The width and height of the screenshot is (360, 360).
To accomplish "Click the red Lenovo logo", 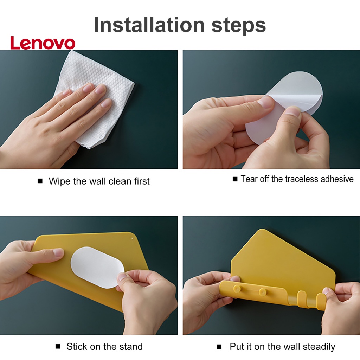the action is tap(43, 43).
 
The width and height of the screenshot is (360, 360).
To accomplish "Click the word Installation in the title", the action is tap(149, 25).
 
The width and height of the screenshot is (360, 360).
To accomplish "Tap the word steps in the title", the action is tap(239, 26).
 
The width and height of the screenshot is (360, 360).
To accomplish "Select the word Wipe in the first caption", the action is tap(59, 181).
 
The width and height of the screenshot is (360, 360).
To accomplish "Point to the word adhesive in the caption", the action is tap(337, 179).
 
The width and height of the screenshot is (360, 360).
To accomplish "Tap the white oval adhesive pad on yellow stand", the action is tap(97, 268).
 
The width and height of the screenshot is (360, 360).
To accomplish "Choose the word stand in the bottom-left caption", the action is tap(133, 346).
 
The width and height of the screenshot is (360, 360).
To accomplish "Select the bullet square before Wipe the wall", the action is tap(40, 181).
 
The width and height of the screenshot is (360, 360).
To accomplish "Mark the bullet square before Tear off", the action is tap(235, 179).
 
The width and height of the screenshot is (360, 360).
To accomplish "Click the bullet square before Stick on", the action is tap(58, 346).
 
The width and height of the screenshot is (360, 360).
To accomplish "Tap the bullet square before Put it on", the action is tap(219, 346).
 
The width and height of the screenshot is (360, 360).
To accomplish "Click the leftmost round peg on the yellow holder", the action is tap(237, 289).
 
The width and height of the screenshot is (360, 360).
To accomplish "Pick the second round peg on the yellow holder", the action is tap(262, 292).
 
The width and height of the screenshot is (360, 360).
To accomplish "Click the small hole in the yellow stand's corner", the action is tap(132, 239).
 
